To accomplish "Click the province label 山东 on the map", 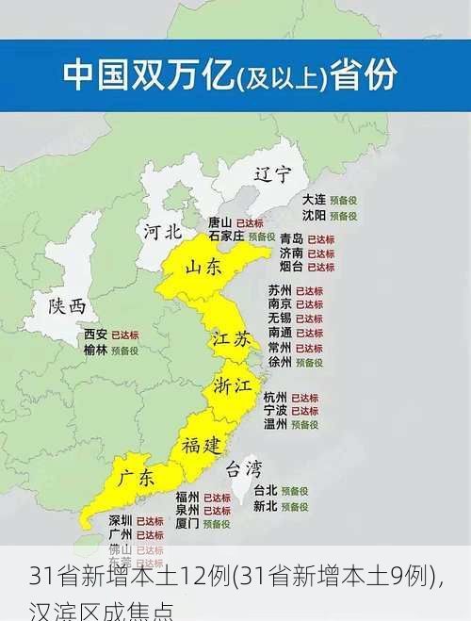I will click(x=203, y=268).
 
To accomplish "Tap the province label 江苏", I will click(x=231, y=339).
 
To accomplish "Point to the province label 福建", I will click(x=203, y=444).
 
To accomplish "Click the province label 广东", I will click(x=136, y=478).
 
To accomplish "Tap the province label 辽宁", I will click(x=273, y=174).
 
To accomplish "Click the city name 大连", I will click(x=314, y=200).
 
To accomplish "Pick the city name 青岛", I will click(x=291, y=239).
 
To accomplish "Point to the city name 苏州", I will click(x=280, y=290).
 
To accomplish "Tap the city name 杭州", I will click(x=275, y=398).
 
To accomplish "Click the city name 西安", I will click(x=95, y=335).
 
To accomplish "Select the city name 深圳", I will click(x=120, y=520).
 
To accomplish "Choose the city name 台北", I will click(x=266, y=491).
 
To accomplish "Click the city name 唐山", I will click(x=219, y=222).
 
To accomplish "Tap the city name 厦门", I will click(x=187, y=523).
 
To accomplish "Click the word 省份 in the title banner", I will click(x=364, y=76).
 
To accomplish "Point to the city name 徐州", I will click(x=280, y=362).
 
